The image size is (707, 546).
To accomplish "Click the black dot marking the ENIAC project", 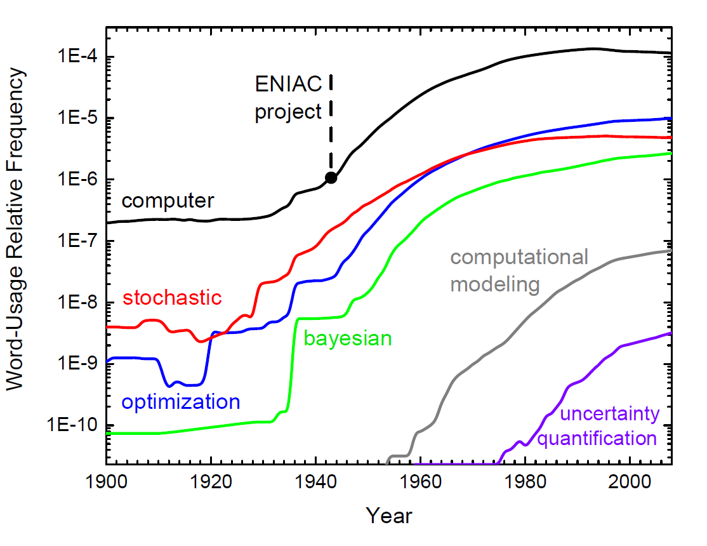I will pyautogui.click(x=331, y=178).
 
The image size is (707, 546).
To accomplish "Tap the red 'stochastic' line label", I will pyautogui.click(x=172, y=297).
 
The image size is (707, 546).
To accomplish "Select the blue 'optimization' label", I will pyautogui.click(x=181, y=401).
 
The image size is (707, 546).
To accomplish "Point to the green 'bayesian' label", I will pyautogui.click(x=348, y=338).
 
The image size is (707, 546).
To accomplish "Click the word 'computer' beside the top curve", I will pyautogui.click(x=168, y=201).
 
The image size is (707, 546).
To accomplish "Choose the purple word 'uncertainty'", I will pyautogui.click(x=610, y=415).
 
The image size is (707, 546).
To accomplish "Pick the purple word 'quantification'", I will pyautogui.click(x=597, y=438).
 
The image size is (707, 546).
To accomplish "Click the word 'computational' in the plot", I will pyautogui.click(x=519, y=257).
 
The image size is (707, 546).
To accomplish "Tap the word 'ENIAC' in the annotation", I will pyautogui.click(x=284, y=83).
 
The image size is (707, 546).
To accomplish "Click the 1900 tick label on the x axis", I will pyautogui.click(x=107, y=482).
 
